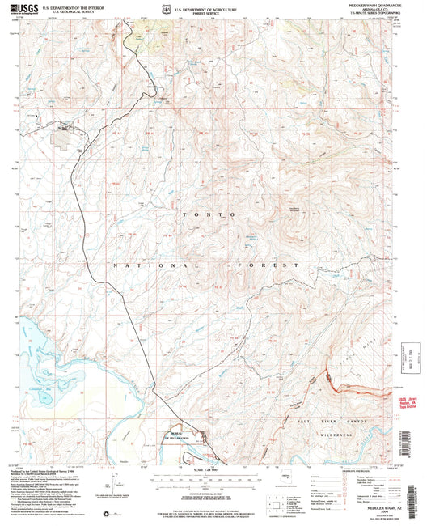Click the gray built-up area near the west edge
[x=61, y=128]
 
